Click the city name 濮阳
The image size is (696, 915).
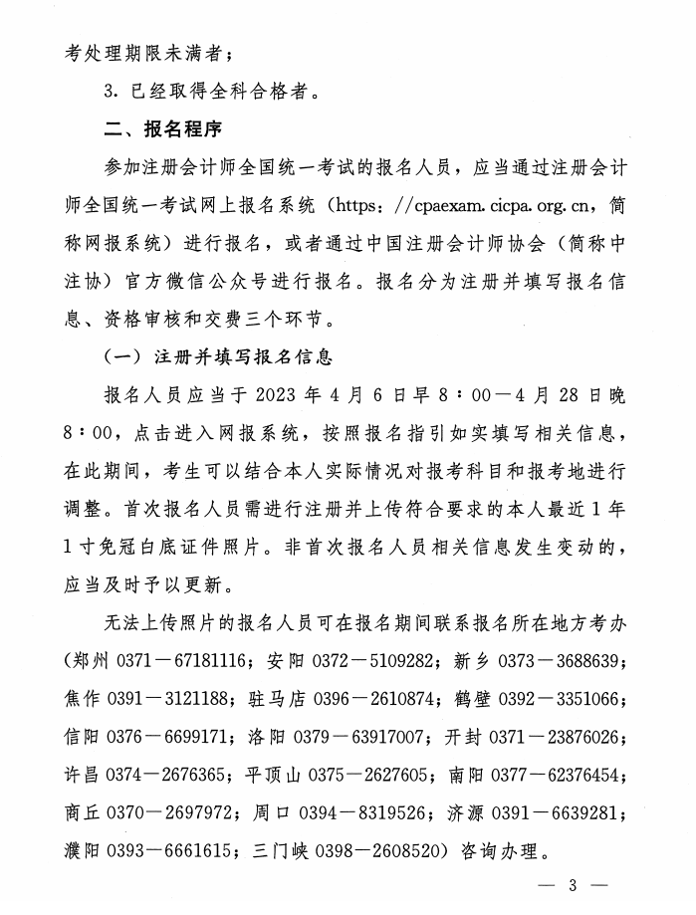pos(84,852)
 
